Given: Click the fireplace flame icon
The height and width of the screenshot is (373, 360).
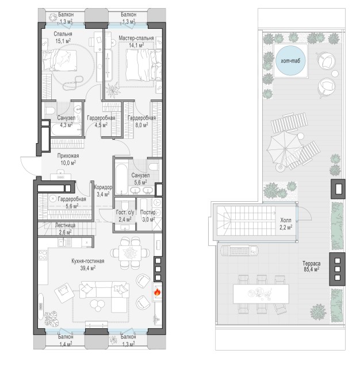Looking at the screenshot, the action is point(157,292).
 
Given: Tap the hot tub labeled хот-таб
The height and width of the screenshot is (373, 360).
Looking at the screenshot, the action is point(290,60).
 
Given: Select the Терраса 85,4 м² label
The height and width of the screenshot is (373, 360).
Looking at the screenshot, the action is point(312,267).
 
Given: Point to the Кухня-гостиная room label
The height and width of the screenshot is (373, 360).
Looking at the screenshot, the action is point(88,261).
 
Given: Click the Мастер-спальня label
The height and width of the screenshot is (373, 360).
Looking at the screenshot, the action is point(136,38).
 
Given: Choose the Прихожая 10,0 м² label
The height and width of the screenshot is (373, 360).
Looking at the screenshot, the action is point(68,159).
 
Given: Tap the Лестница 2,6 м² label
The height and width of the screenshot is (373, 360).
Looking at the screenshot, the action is point(65,228).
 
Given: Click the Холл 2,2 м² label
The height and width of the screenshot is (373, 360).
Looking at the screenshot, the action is point(286,224).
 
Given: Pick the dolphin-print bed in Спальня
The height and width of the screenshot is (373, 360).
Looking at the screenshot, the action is point(60,60).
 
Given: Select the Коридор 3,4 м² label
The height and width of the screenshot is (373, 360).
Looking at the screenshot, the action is point(103,191).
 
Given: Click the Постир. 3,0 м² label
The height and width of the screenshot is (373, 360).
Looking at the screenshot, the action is point(148,216).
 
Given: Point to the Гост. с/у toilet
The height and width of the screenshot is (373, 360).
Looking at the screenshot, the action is point(125,206).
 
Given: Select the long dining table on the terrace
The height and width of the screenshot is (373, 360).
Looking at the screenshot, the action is point(261,294).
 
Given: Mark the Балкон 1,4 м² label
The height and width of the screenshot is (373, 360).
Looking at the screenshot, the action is point(66,340).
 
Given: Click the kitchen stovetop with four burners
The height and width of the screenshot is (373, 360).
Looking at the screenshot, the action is point(43,255).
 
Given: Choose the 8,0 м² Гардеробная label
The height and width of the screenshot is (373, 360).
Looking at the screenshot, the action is point(141,121).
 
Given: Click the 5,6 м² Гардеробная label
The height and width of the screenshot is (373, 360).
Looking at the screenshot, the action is point(72,202).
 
